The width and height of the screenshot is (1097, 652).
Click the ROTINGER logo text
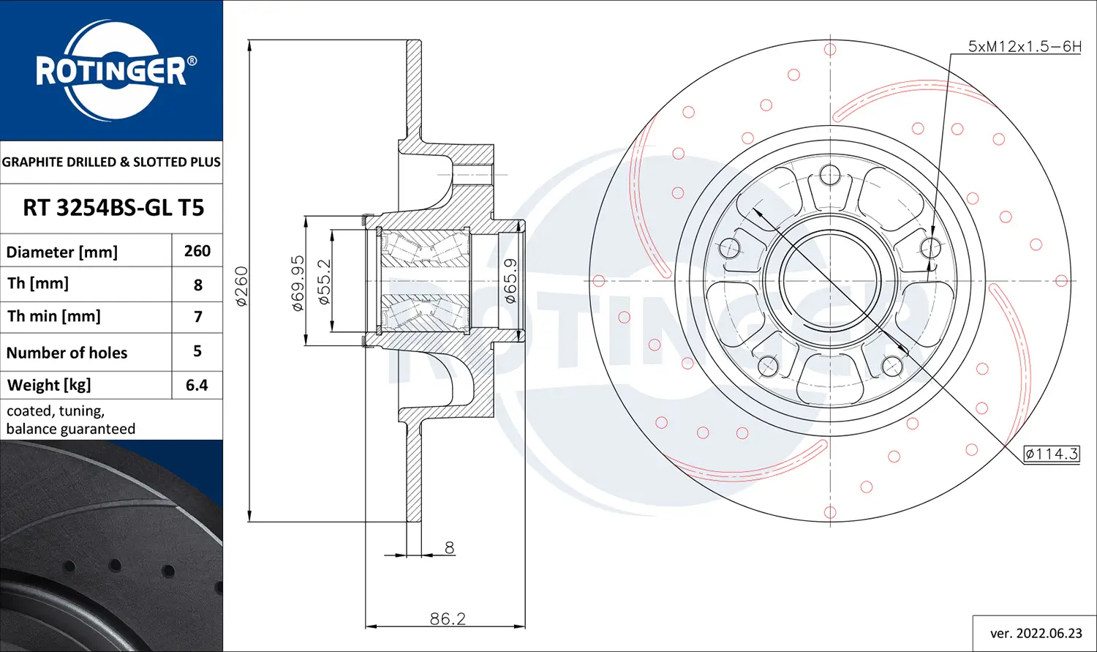tap(111, 72)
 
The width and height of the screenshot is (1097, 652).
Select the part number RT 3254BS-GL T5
tap(113, 208)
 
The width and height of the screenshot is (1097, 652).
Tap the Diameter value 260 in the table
tap(197, 251)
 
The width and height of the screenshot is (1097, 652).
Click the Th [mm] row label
tap(38, 283)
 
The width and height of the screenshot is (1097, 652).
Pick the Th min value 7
tap(197, 317)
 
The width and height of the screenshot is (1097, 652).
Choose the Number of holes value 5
tap(197, 351)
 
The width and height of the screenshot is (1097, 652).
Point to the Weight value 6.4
tap(197, 385)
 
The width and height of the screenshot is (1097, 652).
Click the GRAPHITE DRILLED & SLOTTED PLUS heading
tap(111, 162)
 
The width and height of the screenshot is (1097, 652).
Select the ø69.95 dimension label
tap(298, 282)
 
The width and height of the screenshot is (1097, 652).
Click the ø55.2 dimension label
tap(325, 281)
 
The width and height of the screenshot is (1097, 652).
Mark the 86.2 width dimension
tap(448, 618)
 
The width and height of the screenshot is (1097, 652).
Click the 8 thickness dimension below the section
tap(449, 547)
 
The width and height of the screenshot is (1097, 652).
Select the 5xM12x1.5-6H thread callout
tap(1024, 46)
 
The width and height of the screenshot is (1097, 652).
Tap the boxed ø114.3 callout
tap(1052, 454)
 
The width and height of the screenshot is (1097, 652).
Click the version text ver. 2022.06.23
tap(1036, 633)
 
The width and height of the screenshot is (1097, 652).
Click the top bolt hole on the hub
tap(830, 175)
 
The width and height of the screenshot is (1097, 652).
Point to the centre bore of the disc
tap(830, 281)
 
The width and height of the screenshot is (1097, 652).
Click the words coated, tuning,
tap(56, 411)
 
